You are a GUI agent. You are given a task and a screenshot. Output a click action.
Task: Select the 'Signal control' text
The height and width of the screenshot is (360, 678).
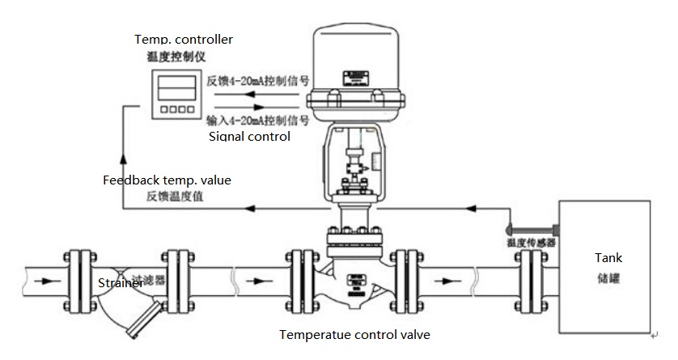pos(249,137)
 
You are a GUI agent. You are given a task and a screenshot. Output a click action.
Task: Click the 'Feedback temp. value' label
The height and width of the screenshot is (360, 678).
pos(167,180)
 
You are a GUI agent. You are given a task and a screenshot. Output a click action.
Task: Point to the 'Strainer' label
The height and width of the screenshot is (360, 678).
pos(121,283)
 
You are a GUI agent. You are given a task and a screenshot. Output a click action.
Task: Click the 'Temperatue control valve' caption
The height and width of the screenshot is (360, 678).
pos(354,334)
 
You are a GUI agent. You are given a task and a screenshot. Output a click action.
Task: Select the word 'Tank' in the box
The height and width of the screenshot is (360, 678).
pos(608,258)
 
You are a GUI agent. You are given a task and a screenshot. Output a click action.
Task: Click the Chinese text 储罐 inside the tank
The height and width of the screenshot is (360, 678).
pos(608,278)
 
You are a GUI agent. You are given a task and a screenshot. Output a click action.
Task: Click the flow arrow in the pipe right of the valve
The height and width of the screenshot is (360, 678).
pos(448,282)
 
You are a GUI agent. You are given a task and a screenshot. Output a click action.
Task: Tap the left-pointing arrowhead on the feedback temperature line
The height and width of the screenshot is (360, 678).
pos(252,209)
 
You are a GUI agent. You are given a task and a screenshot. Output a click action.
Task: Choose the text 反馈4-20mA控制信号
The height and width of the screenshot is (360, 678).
pos(258,81)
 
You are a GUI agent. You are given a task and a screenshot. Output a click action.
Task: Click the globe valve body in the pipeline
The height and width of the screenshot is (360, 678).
pos(354,279)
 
